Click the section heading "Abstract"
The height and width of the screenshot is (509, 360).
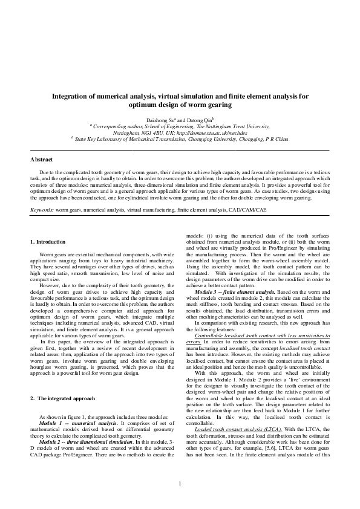42,160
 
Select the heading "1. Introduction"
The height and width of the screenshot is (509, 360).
49,242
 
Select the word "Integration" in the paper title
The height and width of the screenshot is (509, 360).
70,96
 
